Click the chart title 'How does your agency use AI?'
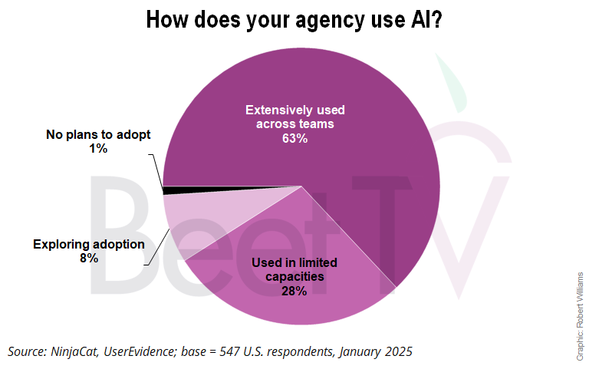(x=294, y=19)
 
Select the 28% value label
(x=294, y=291)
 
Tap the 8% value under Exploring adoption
(x=88, y=259)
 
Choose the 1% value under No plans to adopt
(x=98, y=149)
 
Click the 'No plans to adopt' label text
(x=98, y=135)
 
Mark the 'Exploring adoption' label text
(x=88, y=245)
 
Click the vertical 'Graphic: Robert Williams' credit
(x=580, y=315)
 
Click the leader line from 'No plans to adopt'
(x=156, y=169)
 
